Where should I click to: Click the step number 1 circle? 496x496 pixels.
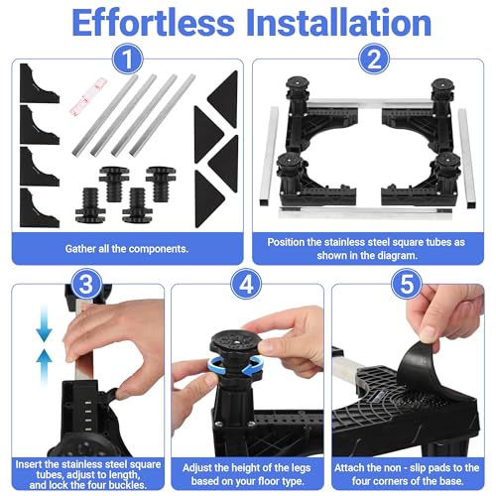click(127, 60)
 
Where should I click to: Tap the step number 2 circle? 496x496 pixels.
click(374, 60)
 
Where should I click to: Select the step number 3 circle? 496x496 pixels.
click(86, 284)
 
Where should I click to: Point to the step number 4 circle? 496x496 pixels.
click(246, 284)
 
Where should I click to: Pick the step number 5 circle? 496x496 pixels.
click(407, 284)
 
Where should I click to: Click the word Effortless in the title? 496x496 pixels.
click(153, 23)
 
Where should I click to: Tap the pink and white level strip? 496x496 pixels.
click(87, 96)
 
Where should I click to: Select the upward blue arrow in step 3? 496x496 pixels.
click(44, 368)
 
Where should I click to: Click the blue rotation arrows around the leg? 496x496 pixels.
click(235, 366)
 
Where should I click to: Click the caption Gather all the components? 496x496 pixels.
click(127, 249)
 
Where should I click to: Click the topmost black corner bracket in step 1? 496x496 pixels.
click(39, 83)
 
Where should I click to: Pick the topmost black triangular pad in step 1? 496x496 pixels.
click(223, 98)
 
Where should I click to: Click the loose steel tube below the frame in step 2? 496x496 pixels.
click(365, 212)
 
